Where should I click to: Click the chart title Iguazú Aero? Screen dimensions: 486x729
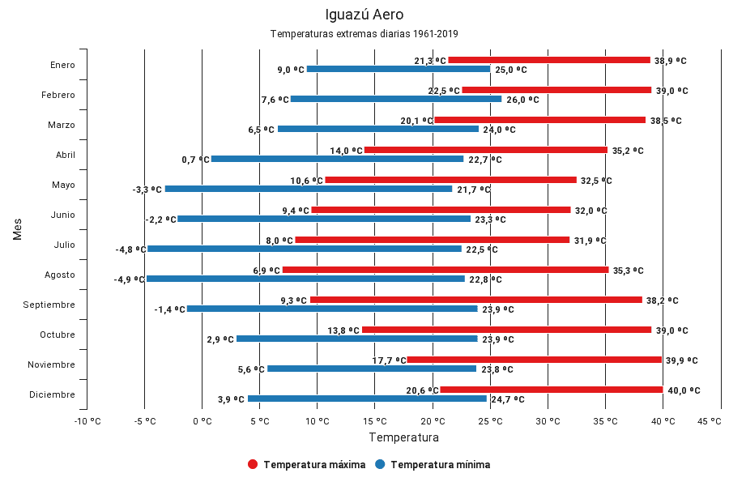364,15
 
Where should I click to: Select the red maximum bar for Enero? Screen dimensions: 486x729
549,60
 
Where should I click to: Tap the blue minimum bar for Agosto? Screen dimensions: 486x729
305,279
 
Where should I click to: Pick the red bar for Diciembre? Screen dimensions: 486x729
551,390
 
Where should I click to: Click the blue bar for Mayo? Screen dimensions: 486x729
309,189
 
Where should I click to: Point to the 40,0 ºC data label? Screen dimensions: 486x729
684,390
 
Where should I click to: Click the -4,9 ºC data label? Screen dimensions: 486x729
130,279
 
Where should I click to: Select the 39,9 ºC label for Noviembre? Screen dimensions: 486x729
681,360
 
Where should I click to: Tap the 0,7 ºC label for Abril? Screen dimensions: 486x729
195,160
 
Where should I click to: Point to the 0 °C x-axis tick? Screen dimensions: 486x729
202,421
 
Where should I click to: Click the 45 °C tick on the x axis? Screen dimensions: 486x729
709,421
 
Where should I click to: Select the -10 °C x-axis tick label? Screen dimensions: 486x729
87,421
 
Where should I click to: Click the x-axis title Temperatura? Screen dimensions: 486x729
403,437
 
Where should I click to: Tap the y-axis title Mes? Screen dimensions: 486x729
17,228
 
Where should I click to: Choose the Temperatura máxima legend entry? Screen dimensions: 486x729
307,465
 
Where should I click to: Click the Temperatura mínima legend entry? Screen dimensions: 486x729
433,465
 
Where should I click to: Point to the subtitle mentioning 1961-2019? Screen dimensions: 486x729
364,34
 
